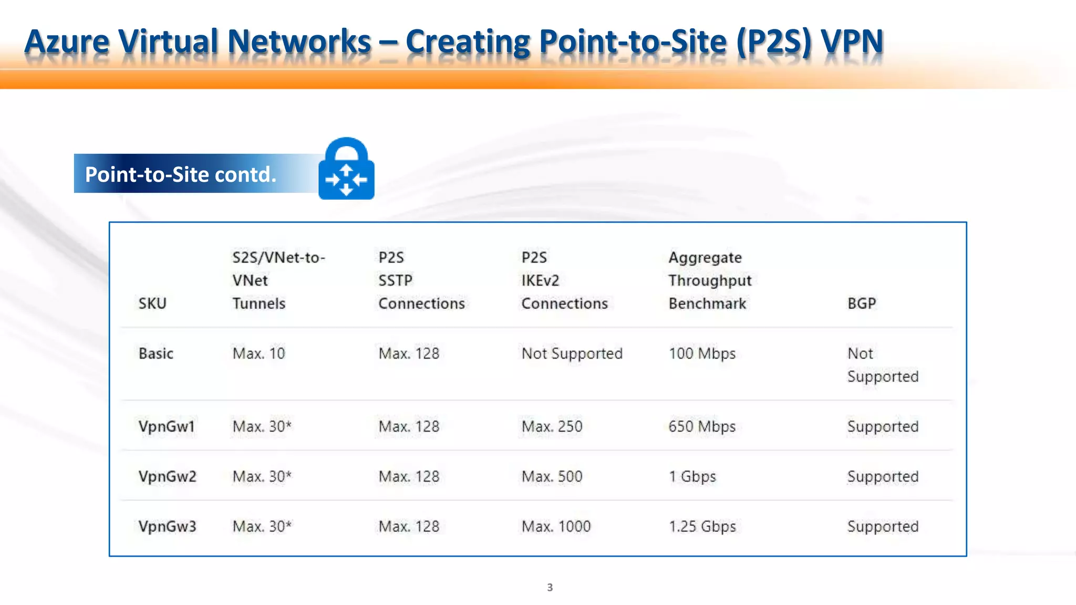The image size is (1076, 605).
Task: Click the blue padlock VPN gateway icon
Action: [346, 169]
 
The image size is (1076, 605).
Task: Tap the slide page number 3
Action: [550, 587]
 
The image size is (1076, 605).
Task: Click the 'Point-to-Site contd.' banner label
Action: [181, 174]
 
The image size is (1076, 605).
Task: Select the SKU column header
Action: [152, 304]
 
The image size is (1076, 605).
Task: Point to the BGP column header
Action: [862, 304]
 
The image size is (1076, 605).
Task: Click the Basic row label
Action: [156, 353]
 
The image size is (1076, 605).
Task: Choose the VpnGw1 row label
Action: [167, 426]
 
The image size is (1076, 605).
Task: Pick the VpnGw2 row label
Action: [167, 476]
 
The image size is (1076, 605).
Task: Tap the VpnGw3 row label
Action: [167, 526]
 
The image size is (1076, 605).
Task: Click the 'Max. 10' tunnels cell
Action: [258, 353]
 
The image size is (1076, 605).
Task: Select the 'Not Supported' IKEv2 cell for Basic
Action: [572, 353]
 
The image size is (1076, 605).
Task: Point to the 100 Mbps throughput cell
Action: [702, 353]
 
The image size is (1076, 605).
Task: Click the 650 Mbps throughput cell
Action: [702, 426]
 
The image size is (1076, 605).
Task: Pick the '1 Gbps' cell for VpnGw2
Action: [692, 476]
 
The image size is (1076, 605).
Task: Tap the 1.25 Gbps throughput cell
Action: [702, 526]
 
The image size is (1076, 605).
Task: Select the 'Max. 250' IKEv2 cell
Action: [552, 426]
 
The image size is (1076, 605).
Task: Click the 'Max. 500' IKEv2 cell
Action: [552, 476]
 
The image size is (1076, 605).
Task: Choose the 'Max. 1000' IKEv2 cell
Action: [556, 526]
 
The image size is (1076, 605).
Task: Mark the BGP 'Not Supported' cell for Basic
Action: [883, 365]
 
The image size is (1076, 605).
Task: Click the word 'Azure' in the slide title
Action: [67, 41]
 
